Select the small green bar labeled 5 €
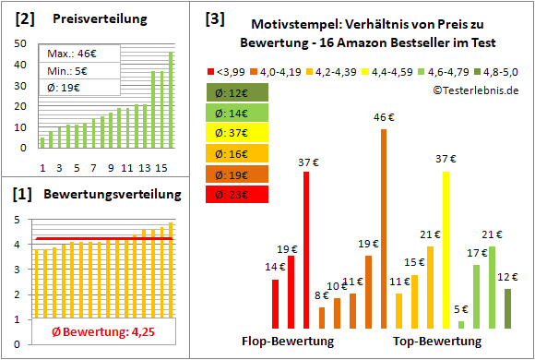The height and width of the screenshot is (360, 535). [461, 324]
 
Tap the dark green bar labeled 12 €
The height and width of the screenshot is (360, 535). [507, 308]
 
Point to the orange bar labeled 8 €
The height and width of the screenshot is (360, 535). [322, 318]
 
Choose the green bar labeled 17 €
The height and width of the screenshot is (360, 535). [476, 295]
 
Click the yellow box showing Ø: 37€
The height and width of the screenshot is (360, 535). [238, 132]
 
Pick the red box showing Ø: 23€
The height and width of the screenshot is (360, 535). [238, 193]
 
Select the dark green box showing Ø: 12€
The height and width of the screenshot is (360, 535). [238, 91]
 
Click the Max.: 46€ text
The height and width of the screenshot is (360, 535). [68, 53]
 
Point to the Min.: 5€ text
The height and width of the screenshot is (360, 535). [66, 70]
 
